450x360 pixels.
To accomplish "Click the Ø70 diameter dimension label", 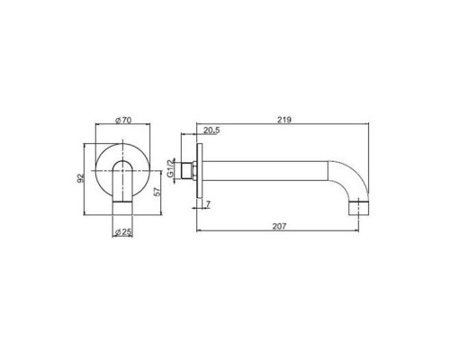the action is pos(123,121).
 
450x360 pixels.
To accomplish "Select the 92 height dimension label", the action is pos(80,178).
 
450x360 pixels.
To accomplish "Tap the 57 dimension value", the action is pos(157,192).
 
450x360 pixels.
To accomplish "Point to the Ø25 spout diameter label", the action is pos(123,231).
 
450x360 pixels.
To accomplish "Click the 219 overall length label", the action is pos(284,120).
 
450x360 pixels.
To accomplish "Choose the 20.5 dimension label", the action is pos(211,130).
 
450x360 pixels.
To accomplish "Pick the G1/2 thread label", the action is pos(170,168).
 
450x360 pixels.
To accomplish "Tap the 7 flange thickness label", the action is pos(208,204).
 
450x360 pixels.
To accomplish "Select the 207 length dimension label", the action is pos(279,226).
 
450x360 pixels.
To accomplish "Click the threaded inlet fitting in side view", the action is pos(188,171).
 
